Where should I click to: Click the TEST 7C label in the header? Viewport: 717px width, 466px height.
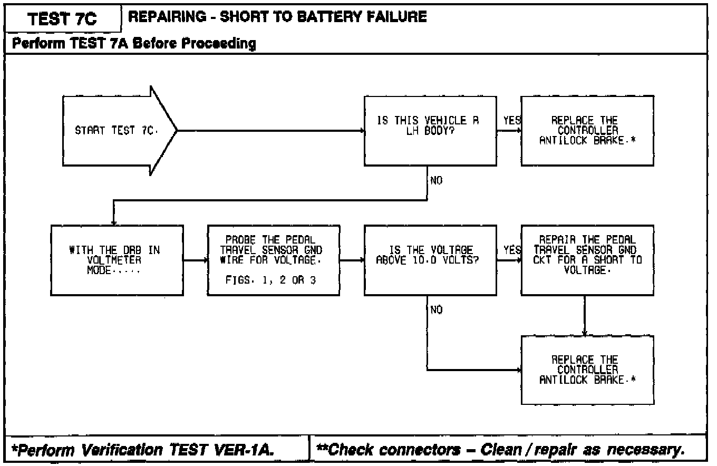point(62,19)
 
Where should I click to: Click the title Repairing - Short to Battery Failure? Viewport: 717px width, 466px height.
point(277,17)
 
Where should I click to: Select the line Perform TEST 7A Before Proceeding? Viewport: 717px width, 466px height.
point(134,43)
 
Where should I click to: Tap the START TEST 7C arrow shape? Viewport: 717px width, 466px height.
point(120,131)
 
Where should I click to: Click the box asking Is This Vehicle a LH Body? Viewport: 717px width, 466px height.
point(430,131)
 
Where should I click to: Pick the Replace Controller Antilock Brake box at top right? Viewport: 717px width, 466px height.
point(587,131)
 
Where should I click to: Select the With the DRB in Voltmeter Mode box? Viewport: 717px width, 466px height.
point(117,260)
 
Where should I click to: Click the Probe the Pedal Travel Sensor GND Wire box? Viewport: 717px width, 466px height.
point(274,260)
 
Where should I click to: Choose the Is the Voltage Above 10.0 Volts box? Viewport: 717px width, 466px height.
point(430,260)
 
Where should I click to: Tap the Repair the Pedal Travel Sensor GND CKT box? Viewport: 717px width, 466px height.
point(587,260)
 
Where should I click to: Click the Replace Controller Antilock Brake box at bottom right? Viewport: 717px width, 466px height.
point(587,370)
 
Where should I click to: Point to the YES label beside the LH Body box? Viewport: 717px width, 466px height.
point(512,121)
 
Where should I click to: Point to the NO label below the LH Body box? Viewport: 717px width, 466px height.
point(437,180)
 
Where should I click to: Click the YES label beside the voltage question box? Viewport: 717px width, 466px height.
point(512,250)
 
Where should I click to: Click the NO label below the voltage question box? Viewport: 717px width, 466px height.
point(437,310)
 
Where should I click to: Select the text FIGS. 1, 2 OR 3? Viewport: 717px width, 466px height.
point(270,280)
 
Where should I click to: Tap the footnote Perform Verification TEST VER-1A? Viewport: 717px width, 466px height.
point(143,450)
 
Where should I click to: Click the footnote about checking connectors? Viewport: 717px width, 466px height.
point(500,450)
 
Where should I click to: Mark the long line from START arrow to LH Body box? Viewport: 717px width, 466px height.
point(271,131)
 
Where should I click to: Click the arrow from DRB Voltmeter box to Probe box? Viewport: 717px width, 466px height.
point(196,260)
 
